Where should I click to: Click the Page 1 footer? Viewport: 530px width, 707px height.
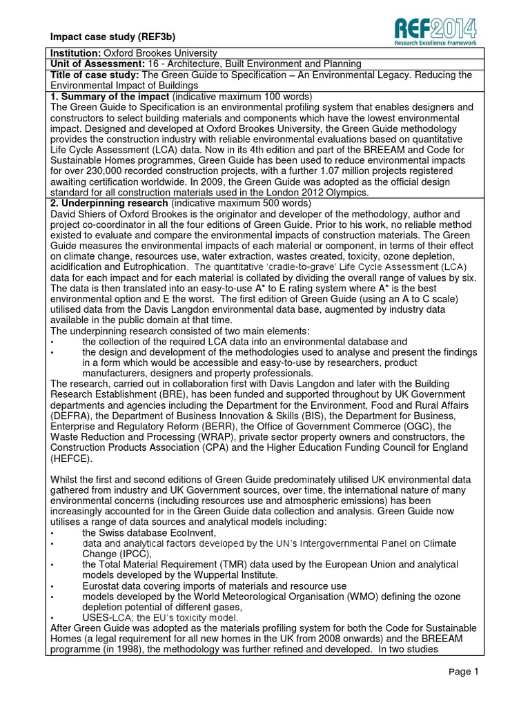(x=463, y=672)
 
